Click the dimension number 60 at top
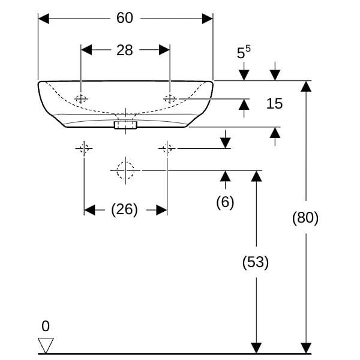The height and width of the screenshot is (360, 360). coord(124,18)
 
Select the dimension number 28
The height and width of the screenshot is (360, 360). coord(124,50)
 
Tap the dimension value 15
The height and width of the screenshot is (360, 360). coord(274,104)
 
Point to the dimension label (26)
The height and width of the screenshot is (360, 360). coord(124,209)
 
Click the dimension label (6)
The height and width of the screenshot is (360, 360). coord(225,202)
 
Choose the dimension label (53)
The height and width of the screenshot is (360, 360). coord(256,262)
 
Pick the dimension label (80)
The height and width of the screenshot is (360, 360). coord(305,218)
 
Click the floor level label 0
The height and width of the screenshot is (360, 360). coord(46,326)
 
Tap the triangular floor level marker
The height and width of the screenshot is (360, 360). coord(46,345)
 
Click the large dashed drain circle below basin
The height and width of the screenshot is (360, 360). coord(125,170)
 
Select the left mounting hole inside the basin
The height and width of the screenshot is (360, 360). coord(82,99)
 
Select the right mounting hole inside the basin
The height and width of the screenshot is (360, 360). coord(170,99)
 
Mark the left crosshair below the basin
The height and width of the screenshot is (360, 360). coord(83,148)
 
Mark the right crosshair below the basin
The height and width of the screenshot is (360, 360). coord(167,148)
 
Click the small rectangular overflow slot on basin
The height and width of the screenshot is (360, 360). coord(125,125)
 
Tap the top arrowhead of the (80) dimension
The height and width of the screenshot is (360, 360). coord(306,86)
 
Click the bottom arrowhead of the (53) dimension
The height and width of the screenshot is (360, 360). coord(256,348)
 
